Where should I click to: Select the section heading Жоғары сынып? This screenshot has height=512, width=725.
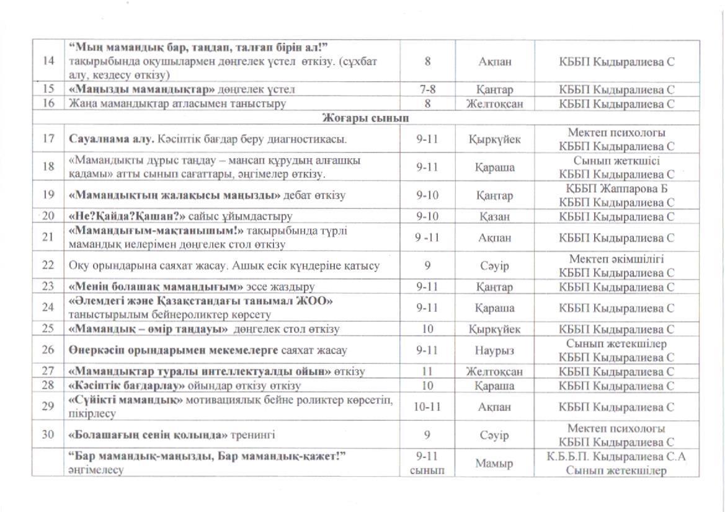[x=365, y=118]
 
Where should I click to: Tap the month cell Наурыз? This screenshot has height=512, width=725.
[x=495, y=350]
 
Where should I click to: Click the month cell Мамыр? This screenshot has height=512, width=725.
[x=495, y=463]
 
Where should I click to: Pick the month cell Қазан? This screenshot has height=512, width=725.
[x=495, y=216]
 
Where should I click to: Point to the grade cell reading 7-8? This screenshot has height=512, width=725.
[x=427, y=89]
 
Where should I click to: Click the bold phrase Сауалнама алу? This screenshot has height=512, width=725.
[x=112, y=138]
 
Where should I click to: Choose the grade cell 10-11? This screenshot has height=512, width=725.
[x=427, y=407]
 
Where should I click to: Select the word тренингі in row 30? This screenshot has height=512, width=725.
[x=254, y=435]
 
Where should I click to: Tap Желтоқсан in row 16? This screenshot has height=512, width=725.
[x=495, y=104]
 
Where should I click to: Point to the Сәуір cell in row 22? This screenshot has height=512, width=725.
[x=495, y=265]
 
